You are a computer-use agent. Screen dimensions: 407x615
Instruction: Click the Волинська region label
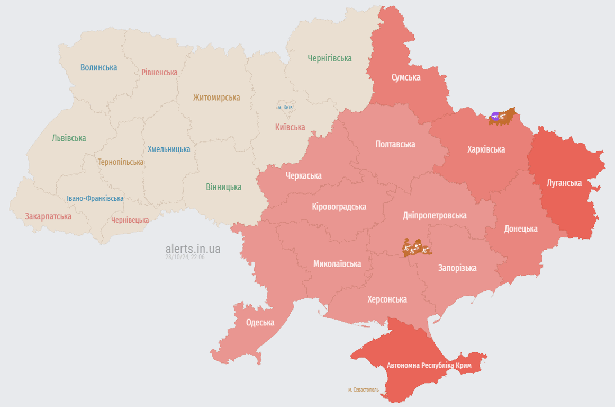point(98,67)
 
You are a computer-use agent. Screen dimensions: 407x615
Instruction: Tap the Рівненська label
point(159,72)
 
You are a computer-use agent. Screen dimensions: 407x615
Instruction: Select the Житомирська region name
point(216,98)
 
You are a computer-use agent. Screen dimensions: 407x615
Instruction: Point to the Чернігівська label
point(329,58)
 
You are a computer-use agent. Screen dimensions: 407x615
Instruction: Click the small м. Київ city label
point(285,107)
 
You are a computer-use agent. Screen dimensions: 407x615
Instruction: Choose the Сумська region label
point(406,77)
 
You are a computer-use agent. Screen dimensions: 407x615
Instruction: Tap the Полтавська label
point(395,144)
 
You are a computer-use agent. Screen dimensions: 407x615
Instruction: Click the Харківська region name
point(486,149)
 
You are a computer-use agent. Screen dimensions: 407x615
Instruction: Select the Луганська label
point(564,183)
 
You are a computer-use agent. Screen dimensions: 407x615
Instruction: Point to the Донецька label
point(521,228)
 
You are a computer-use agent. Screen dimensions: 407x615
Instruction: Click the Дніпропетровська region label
point(435,215)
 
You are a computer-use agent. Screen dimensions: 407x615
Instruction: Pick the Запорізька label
point(457,268)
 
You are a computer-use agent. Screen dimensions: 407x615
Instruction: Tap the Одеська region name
point(260,322)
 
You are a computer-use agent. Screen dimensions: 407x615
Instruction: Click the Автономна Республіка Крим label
point(429,366)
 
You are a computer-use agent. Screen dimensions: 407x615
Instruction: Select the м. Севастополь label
point(363,390)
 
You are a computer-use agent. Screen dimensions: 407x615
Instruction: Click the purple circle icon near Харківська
point(495,117)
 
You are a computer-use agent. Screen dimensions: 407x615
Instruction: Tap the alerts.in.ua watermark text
point(193,249)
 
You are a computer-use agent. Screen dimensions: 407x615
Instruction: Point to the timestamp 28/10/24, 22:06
point(185,257)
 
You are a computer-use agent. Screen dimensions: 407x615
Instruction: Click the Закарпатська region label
point(48,216)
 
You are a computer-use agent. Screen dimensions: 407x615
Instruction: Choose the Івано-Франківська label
point(95,198)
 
